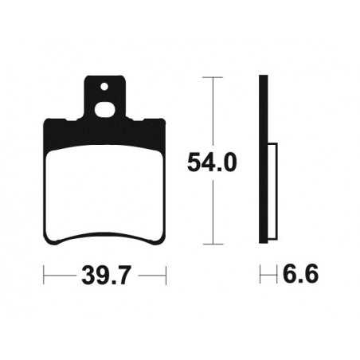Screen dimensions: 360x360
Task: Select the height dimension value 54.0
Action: pyautogui.click(x=213, y=162)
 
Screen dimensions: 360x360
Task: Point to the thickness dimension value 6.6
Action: pyautogui.click(x=300, y=275)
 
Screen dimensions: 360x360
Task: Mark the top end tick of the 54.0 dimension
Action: pyautogui.click(x=213, y=77)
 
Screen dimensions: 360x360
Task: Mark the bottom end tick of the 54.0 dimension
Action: pyautogui.click(x=213, y=242)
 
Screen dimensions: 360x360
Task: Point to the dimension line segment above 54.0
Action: pyautogui.click(x=213, y=112)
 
